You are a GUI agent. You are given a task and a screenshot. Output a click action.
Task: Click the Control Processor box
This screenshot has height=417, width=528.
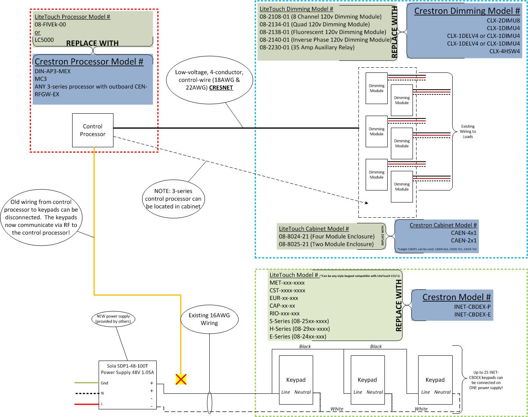tap(92, 130)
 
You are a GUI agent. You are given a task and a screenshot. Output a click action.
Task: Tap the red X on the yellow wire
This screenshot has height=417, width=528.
tap(181, 379)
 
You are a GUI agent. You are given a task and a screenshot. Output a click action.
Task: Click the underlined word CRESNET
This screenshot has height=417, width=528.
tap(221, 88)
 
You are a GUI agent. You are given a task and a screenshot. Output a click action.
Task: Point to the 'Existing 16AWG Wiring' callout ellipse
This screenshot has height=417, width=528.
tap(209, 319)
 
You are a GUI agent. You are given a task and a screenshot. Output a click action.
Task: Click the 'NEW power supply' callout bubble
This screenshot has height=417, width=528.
tap(113, 319)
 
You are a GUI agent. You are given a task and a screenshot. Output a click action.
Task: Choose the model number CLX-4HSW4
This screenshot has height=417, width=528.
tap(504, 51)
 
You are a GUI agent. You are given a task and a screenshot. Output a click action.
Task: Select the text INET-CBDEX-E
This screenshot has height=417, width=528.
tap(472, 315)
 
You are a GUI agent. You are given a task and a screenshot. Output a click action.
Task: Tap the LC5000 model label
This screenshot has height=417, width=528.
tap(44, 40)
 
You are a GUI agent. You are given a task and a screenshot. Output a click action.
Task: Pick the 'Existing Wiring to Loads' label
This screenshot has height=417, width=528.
tap(467, 131)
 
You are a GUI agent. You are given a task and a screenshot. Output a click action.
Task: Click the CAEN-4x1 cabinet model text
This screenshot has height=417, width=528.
tap(463, 233)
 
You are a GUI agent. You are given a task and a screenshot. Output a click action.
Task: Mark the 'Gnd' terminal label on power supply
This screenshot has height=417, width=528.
tap(104, 383)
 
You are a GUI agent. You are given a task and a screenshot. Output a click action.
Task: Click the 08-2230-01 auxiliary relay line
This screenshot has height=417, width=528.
tap(307, 47)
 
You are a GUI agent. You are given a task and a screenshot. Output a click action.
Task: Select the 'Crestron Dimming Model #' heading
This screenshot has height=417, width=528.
tap(467, 11)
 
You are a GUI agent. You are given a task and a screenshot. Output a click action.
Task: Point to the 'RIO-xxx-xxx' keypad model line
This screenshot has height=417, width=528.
tap(284, 313)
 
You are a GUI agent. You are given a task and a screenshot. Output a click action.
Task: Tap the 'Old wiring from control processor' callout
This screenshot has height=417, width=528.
tap(41, 217)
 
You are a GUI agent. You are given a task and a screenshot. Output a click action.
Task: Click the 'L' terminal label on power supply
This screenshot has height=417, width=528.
tap(102, 404)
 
